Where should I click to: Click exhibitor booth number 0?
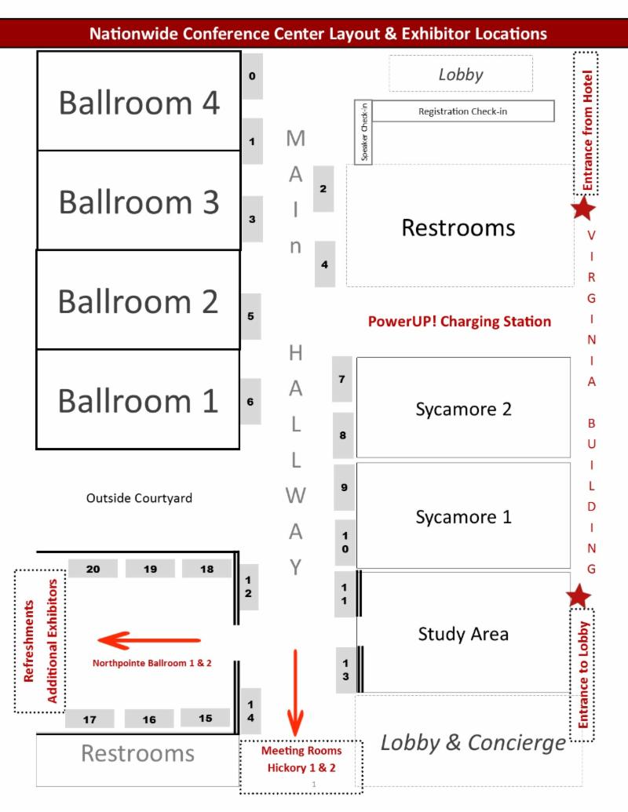point(252,76)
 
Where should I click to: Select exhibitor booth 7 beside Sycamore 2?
point(342,379)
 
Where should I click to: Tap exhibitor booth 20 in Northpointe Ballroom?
point(93,569)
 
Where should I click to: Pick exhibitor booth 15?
point(205,718)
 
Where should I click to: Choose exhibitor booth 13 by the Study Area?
point(345,669)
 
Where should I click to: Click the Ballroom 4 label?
point(139,103)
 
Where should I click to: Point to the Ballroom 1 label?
point(138,401)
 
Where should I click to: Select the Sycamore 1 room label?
point(463,517)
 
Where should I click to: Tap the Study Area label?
point(463,634)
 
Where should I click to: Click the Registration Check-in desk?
point(463,111)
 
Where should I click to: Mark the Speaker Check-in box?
point(363,133)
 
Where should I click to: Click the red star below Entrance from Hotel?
point(583,208)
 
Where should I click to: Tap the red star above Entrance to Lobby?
point(579,595)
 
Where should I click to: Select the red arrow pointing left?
point(149,641)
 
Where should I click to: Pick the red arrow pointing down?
point(295,693)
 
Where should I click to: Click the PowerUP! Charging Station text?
point(459,322)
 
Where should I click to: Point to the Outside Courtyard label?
point(139,498)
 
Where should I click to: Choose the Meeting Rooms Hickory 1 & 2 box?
point(301,767)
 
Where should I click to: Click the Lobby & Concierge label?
point(473,743)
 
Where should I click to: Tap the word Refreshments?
point(28,641)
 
